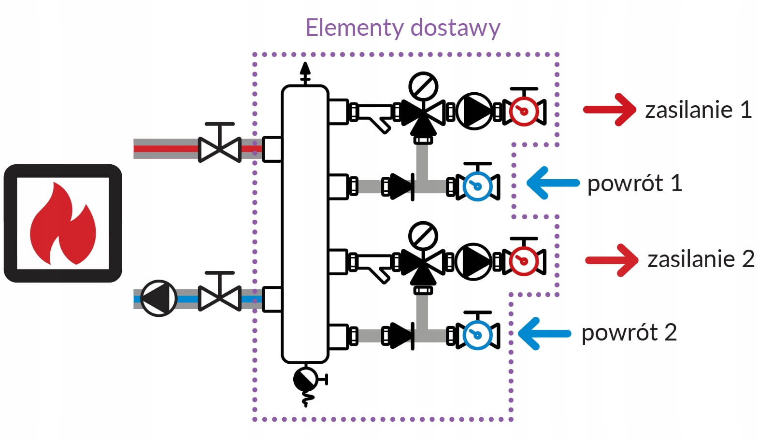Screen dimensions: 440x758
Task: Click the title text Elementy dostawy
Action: click(402, 28)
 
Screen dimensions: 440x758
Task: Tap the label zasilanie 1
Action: click(698, 110)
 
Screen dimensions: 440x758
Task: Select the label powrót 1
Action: click(634, 184)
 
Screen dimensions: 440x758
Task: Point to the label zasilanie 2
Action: click(701, 259)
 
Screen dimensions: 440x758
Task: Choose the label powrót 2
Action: click(629, 333)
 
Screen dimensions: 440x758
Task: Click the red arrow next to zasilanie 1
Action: click(610, 110)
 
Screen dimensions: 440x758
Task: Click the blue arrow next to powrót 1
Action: click(552, 183)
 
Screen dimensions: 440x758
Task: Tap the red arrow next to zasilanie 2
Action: click(612, 260)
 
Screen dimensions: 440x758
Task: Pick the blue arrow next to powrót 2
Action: click(544, 333)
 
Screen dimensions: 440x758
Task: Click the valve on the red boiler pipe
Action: click(220, 147)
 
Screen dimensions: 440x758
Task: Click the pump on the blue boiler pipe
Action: click(158, 298)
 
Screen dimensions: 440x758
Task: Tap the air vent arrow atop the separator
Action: click(305, 72)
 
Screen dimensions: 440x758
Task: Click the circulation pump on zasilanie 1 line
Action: click(474, 111)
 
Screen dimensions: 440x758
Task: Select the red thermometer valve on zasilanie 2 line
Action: click(524, 260)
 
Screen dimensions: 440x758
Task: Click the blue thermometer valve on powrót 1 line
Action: click(477, 185)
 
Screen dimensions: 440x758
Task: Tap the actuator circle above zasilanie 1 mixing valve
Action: click(423, 86)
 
